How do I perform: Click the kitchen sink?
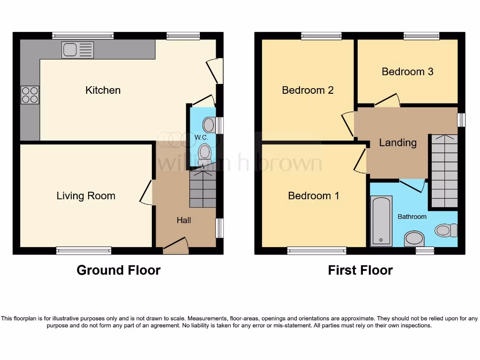point(77,50)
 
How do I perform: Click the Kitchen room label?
point(103,90)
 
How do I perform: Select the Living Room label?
point(86,196)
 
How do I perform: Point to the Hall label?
point(184,220)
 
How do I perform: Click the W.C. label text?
point(201,137)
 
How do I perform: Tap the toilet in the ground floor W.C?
point(204,154)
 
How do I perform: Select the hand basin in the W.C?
point(209,125)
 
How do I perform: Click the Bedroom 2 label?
point(307,90)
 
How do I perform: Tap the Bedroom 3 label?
point(407,71)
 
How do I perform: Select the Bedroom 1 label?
point(314,196)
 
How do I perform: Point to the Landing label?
point(397,142)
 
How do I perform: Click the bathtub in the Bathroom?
point(381,221)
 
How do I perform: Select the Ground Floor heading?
point(119,270)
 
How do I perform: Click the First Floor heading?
point(360,270)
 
